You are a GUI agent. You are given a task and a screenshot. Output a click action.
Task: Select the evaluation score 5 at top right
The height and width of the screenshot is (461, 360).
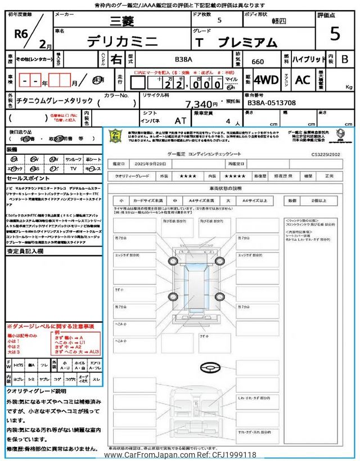click(335, 34)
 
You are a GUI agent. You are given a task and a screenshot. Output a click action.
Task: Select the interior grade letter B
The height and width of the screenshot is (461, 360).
click(345, 59)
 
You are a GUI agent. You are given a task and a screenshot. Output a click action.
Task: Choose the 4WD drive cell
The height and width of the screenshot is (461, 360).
click(266, 80)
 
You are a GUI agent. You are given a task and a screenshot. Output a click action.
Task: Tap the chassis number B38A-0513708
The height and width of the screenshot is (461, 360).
click(272, 103)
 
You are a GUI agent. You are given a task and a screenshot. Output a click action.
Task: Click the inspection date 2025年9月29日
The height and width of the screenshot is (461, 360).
click(152, 163)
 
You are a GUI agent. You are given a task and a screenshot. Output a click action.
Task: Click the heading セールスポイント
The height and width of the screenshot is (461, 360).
click(25, 178)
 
